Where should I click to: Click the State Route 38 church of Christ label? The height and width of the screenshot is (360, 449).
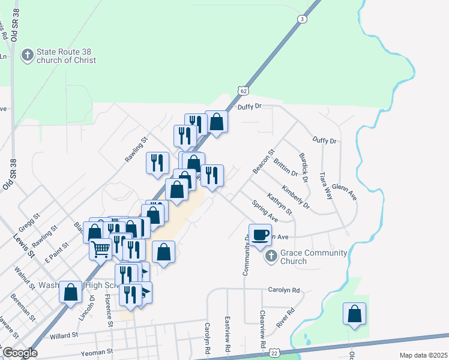pyautogui.click(x=66, y=56)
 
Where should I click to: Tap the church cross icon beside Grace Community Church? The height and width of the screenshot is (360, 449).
pyautogui.click(x=271, y=256)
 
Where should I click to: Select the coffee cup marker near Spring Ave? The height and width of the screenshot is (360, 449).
pyautogui.click(x=261, y=235)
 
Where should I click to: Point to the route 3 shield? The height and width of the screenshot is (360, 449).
pyautogui.click(x=302, y=19)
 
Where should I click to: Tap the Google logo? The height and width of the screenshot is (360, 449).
pyautogui.click(x=19, y=353)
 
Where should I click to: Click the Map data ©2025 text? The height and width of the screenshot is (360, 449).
pyautogui.click(x=424, y=355)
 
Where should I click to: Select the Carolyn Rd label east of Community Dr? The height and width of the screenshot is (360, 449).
pyautogui.click(x=284, y=290)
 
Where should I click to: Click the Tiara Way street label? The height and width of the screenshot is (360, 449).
pyautogui.click(x=325, y=185)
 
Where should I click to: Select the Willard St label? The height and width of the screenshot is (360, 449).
pyautogui.click(x=64, y=337)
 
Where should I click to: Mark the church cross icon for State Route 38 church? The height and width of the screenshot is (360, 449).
pyautogui.click(x=27, y=56)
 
